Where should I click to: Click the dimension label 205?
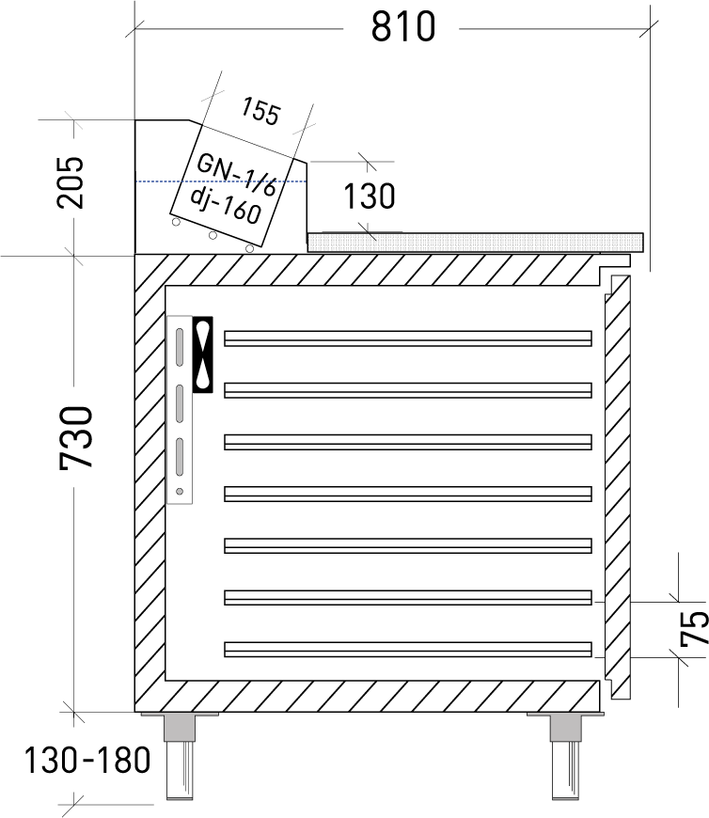[71, 181]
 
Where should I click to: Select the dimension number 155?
[260, 112]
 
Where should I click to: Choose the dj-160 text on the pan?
[225, 204]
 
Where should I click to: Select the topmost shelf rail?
[408, 338]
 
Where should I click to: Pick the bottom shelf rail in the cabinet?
[408, 649]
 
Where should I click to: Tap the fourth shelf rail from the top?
[408, 494]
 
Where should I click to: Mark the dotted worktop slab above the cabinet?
[475, 243]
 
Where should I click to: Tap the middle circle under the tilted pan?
[213, 235]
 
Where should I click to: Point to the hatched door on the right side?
[617, 489]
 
